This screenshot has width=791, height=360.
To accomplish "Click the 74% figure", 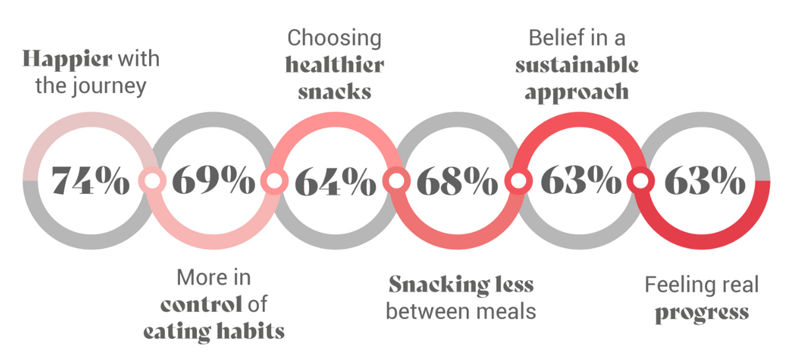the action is point(90,180).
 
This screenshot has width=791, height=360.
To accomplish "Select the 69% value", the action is point(214,180).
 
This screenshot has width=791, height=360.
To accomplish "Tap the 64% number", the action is point(335,181).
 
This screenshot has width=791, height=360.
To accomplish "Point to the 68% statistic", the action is point(457,180).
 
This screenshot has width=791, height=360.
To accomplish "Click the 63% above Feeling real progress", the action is point(705,180).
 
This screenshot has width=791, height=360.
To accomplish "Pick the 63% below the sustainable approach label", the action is point(581,180).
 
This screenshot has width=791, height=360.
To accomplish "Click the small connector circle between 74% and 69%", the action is point(152,181).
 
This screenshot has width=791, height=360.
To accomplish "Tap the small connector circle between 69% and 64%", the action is point(274,181).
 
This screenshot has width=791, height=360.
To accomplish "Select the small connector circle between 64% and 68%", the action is point(397,181).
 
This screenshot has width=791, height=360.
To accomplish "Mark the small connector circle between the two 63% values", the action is point(641,181).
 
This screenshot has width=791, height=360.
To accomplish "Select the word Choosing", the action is point(334,39).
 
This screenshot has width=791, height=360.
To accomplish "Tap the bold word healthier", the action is point(334,65).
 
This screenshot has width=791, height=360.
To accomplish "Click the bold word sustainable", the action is point(577,65).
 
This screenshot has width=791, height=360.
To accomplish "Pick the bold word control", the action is point(201,304).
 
